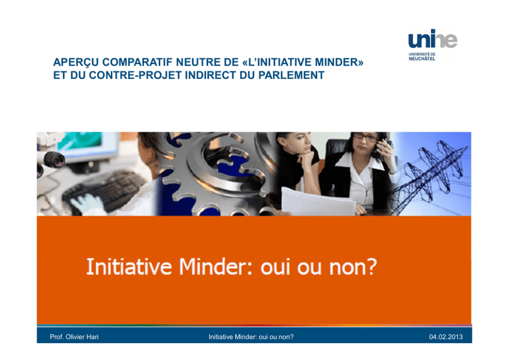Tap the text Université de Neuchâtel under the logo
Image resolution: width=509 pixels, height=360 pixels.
tap(422, 56)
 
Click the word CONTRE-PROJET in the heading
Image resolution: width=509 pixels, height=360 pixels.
tap(135, 75)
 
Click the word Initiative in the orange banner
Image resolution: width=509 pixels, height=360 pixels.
tap(129, 267)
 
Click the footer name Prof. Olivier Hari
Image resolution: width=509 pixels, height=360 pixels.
tap(74, 336)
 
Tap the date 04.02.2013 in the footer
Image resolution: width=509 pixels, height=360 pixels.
tap(446, 336)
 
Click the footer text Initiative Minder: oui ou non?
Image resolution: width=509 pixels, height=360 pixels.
tap(251, 336)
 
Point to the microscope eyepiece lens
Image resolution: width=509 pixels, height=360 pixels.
tap(54, 160)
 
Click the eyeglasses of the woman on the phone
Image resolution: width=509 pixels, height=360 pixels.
tap(366, 137)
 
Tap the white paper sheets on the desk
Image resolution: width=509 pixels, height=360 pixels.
tap(319, 202)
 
